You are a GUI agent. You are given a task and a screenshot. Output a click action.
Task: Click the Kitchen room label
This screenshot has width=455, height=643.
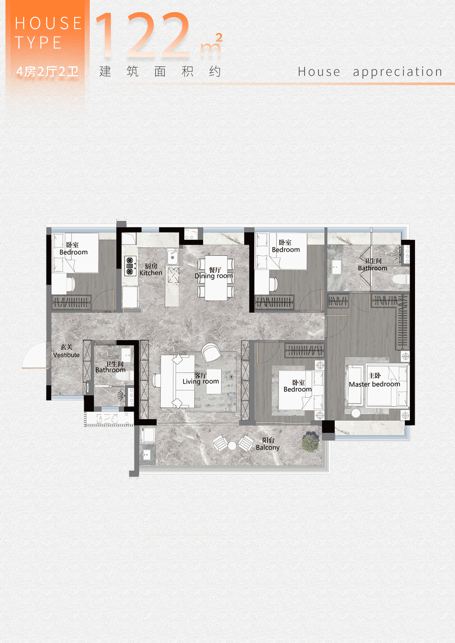[x=151, y=269]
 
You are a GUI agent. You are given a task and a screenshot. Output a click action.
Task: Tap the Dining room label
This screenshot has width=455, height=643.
[x=214, y=273]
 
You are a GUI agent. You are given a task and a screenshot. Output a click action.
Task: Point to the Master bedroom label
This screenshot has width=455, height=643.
[x=374, y=380]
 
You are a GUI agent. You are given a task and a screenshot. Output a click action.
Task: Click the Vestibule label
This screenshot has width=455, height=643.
[x=67, y=351]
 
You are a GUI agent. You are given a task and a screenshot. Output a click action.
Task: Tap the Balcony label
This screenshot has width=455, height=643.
[x=268, y=444]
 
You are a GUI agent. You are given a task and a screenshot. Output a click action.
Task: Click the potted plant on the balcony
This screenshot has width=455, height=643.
[x=310, y=442]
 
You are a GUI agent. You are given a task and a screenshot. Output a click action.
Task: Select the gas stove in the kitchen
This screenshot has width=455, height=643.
[x=130, y=266]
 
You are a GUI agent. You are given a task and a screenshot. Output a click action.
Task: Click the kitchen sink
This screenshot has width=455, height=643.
[x=173, y=256]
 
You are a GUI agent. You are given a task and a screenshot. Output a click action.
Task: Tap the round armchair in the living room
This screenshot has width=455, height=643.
[x=211, y=352]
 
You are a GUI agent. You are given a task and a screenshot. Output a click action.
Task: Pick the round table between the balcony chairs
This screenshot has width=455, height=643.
[x=232, y=446]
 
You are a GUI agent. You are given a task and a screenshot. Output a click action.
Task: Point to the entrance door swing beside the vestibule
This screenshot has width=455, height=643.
[x=35, y=355]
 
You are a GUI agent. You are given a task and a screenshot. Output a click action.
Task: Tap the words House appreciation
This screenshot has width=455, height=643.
[x=370, y=72]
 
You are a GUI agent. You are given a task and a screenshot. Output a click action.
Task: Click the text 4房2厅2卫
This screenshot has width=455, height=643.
[x=47, y=72]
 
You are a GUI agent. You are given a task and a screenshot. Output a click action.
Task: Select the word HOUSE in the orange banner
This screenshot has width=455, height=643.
[x=48, y=23]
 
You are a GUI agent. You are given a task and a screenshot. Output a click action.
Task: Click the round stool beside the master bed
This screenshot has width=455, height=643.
[x=356, y=413]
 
